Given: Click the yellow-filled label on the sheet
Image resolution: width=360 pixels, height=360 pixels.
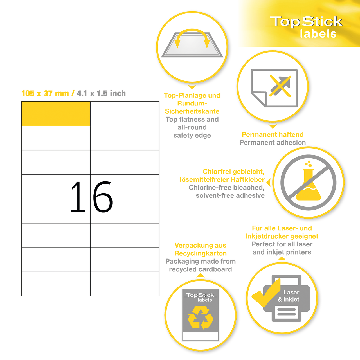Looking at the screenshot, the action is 56,114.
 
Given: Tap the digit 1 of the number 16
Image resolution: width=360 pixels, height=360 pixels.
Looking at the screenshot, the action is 78,196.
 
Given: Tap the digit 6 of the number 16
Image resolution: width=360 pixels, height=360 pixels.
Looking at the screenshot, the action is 103,197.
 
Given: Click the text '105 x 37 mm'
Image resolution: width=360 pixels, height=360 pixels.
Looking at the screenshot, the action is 45,93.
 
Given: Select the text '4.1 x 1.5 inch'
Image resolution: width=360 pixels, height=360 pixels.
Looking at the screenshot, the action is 101,93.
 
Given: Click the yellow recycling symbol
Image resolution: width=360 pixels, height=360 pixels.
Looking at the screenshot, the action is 201,318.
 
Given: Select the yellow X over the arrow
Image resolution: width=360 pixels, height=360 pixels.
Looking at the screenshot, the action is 280,86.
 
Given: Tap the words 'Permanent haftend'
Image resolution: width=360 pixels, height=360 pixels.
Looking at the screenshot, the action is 273,134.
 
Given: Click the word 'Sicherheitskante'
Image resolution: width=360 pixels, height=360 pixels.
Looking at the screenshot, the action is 192,111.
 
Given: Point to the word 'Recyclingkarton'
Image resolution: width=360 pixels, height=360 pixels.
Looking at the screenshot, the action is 201,253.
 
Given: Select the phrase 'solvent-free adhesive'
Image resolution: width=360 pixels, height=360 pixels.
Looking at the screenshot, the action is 230,195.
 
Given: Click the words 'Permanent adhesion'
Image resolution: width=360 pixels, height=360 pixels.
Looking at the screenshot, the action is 273,143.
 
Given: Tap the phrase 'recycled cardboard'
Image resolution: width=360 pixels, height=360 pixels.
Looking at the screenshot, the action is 201,269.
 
